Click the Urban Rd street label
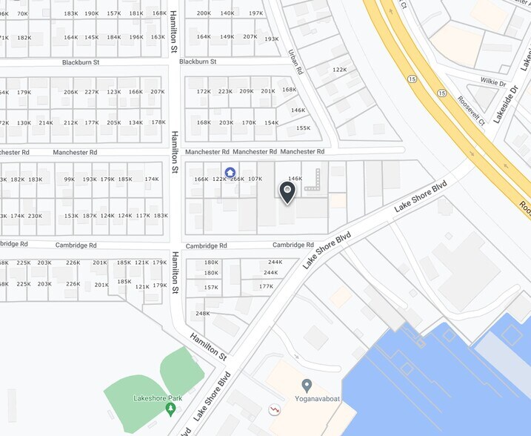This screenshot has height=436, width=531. click(296, 61)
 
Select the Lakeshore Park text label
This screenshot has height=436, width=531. click(153, 398)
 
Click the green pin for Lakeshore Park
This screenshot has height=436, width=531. click(171, 408)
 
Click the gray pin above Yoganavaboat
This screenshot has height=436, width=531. click(307, 385)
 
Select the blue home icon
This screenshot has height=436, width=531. click(230, 172)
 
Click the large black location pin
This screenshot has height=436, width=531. click(287, 192)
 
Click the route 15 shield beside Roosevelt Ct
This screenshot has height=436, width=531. click(442, 93)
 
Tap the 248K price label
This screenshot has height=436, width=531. click(203, 314)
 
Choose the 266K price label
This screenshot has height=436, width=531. click(237, 179)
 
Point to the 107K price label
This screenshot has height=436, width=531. click(255, 179)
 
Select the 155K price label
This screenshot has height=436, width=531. click(303, 128)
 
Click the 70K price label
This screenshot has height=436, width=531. click(22, 13)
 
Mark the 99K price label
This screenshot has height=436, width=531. click(69, 179)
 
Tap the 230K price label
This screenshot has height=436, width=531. click(35, 216)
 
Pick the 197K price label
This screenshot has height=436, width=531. click(256, 13)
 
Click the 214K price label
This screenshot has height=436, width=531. click(46, 122)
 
